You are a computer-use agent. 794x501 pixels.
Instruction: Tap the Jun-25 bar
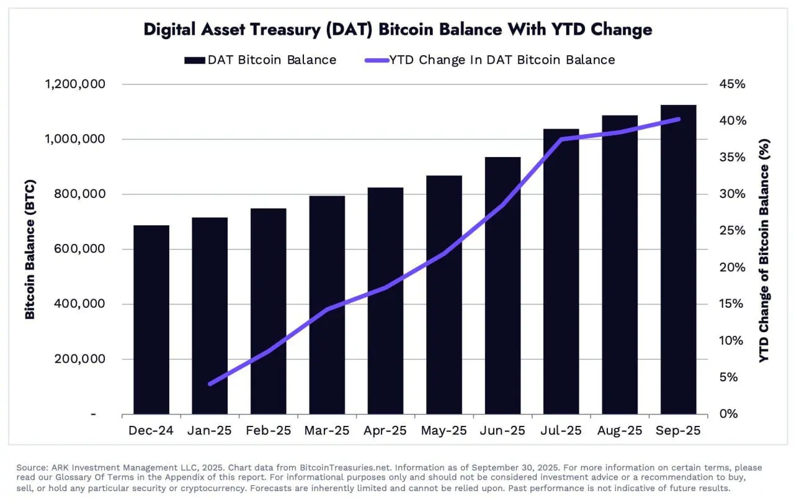coord(502,286)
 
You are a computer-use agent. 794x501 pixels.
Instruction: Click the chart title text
coord(398,29)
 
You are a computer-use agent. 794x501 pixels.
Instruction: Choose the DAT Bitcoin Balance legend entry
coord(260,60)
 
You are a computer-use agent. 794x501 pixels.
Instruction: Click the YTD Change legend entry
coord(489,60)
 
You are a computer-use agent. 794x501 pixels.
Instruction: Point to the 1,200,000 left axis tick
coord(75,84)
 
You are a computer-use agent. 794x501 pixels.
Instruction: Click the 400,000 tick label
coord(75,304)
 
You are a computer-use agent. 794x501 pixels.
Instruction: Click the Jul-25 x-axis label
coord(560,431)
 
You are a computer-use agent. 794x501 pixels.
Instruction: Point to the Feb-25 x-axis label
coord(268,431)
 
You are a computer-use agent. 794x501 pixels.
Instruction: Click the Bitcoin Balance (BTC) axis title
coord(30,249)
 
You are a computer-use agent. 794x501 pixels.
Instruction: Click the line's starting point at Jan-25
coord(210,384)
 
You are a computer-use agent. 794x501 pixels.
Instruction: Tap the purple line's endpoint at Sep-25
coord(678,119)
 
